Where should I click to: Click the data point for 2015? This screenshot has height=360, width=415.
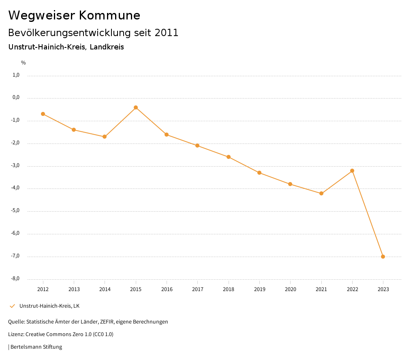[x=136, y=107]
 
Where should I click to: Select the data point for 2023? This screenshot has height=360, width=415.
[x=383, y=257]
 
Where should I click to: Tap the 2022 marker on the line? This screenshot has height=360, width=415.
[x=352, y=171]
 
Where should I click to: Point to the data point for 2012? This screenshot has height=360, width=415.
[x=43, y=114]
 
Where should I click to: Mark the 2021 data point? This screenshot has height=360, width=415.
[x=321, y=193]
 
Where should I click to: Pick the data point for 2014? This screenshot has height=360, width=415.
[x=105, y=137]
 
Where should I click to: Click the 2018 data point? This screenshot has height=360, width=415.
[x=229, y=157]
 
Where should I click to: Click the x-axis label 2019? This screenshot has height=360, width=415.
[x=259, y=289]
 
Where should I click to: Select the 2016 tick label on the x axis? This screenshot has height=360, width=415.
[x=167, y=289]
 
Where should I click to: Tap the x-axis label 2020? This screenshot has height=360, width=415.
[x=290, y=289]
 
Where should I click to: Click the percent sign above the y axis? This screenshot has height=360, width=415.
[x=24, y=63]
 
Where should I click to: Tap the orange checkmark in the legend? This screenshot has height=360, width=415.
[x=12, y=306]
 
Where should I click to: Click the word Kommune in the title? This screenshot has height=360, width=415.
[x=109, y=15]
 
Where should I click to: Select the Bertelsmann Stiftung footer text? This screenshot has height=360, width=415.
[x=36, y=347]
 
